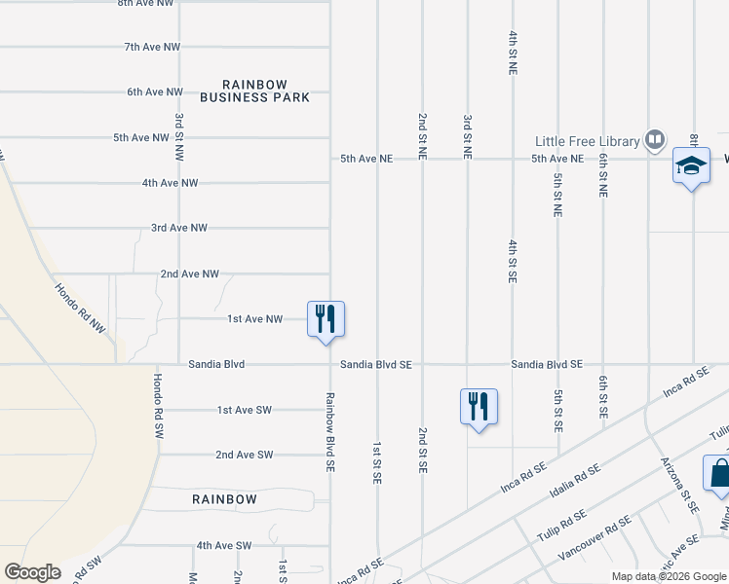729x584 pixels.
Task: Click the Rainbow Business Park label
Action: [x=254, y=91]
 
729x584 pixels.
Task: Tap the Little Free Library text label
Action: [x=589, y=140]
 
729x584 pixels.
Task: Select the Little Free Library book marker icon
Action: [x=655, y=140]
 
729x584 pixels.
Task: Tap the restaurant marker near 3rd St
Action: [x=479, y=406]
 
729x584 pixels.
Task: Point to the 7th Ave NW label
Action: [x=153, y=47]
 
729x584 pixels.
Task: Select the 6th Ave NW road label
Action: [x=155, y=92]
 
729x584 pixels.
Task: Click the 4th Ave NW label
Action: [x=170, y=183]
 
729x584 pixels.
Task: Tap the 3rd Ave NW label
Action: [x=179, y=228]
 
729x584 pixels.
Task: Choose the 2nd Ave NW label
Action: [x=190, y=274]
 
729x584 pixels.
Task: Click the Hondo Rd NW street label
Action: [x=79, y=309]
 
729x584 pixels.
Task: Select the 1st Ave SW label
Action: [x=244, y=410]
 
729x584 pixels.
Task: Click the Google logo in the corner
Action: [x=32, y=572]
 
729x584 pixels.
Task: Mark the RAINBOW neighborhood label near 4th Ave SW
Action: [x=224, y=499]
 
